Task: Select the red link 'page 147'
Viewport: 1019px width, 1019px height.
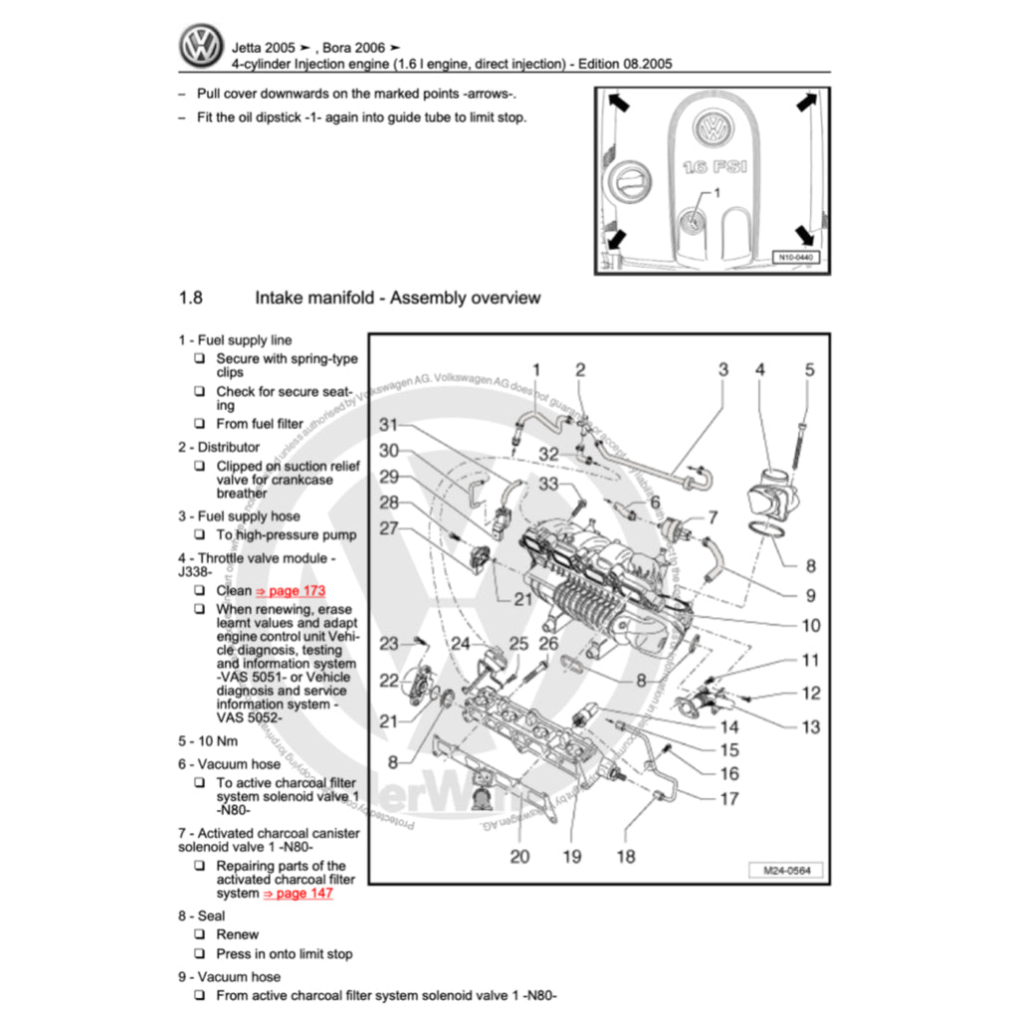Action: [x=299, y=894]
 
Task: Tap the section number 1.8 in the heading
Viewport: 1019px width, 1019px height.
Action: [x=191, y=298]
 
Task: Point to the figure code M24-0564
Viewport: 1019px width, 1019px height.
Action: [x=786, y=871]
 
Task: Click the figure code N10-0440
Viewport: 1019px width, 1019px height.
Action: [x=795, y=258]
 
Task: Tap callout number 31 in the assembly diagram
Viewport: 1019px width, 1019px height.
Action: [x=388, y=425]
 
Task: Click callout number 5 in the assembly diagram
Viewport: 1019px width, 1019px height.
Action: [x=809, y=370]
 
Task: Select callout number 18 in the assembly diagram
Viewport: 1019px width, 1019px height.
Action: [x=625, y=855]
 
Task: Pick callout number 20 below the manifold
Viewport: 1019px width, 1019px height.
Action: [x=519, y=855]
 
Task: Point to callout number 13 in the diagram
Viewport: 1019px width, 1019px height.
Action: [x=811, y=726]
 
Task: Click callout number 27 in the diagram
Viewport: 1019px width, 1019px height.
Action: [x=388, y=528]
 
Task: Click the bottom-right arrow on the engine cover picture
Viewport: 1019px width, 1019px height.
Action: [x=807, y=235]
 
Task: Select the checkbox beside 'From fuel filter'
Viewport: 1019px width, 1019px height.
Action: [x=200, y=424]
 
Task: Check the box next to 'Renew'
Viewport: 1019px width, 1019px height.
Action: [x=200, y=934]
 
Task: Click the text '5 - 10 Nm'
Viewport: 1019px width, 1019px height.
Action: [x=208, y=741]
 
